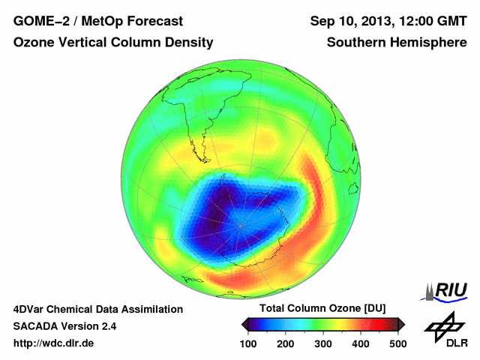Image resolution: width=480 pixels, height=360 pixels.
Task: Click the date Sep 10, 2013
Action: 352,21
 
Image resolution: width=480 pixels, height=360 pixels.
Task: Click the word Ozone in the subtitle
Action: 34,43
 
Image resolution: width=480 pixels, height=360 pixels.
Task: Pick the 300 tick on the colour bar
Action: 324,343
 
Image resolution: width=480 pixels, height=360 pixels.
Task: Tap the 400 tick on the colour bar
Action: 361,343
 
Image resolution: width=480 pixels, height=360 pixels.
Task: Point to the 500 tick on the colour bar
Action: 397,343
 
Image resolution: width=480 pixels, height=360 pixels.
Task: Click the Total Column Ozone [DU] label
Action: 322,308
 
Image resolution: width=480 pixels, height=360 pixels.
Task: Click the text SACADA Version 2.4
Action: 64,326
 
